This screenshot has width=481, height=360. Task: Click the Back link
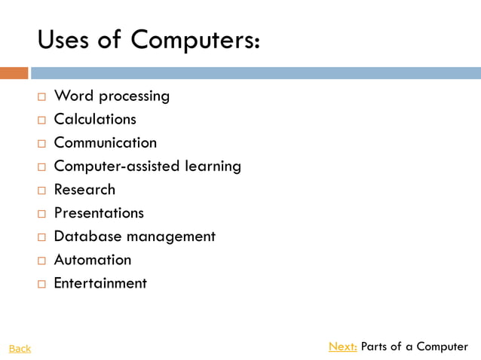pyautogui.click(x=20, y=348)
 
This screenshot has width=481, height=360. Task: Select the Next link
pyautogui.click(x=343, y=346)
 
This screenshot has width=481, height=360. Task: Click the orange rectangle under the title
pyautogui.click(x=14, y=73)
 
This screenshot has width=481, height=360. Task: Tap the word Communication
pyautogui.click(x=106, y=142)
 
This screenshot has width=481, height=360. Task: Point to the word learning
pyautogui.click(x=213, y=166)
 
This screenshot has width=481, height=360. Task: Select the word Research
pyautogui.click(x=84, y=189)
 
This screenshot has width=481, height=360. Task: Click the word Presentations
pyautogui.click(x=99, y=212)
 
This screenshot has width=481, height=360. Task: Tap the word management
pyautogui.click(x=170, y=236)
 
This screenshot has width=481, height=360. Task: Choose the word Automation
pyautogui.click(x=93, y=259)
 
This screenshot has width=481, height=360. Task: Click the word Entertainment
pyautogui.click(x=100, y=282)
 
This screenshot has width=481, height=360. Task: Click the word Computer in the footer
pyautogui.click(x=442, y=346)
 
